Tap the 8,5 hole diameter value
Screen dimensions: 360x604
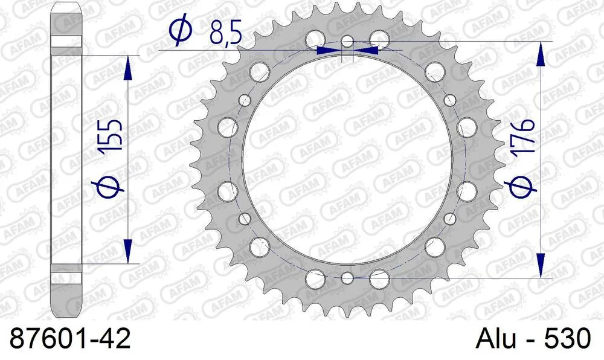(x=225, y=34)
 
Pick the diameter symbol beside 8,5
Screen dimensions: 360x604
(x=181, y=33)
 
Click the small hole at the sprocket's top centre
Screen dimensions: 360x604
(x=347, y=42)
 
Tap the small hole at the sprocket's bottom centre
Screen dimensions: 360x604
(x=347, y=277)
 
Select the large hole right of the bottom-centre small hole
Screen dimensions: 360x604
(x=379, y=279)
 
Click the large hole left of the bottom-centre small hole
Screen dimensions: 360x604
(x=315, y=279)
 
